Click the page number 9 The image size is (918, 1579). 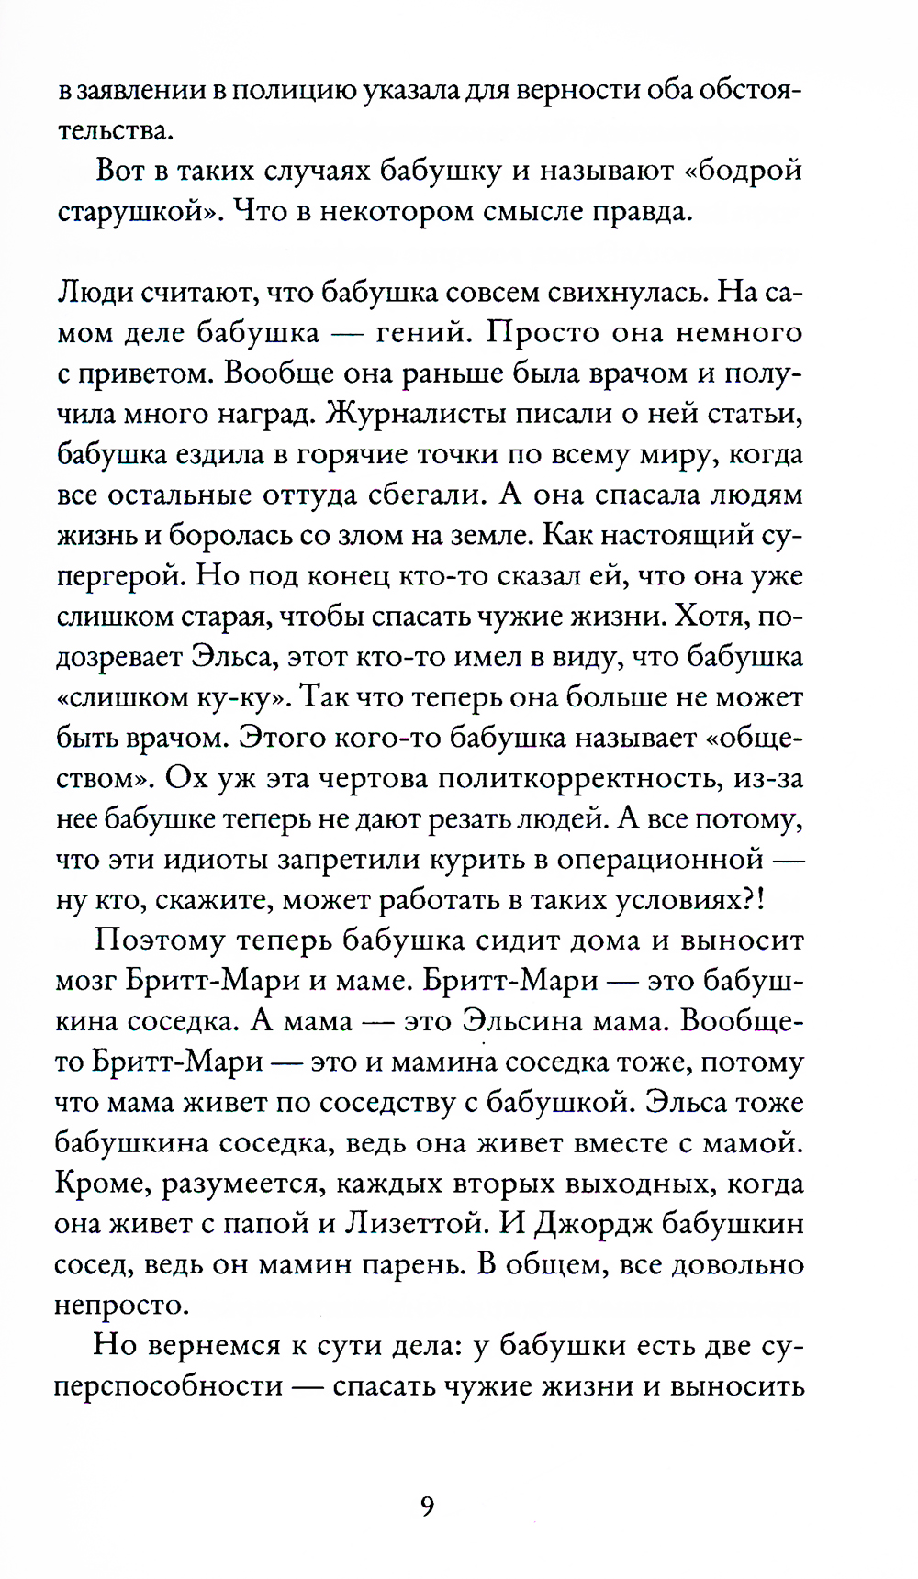[427, 1507]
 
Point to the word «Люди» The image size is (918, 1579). [95, 293]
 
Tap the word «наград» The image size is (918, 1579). [266, 414]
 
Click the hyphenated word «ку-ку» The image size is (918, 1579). [241, 697]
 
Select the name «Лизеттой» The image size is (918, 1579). [409, 1224]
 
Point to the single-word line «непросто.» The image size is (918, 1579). [121, 1305]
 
